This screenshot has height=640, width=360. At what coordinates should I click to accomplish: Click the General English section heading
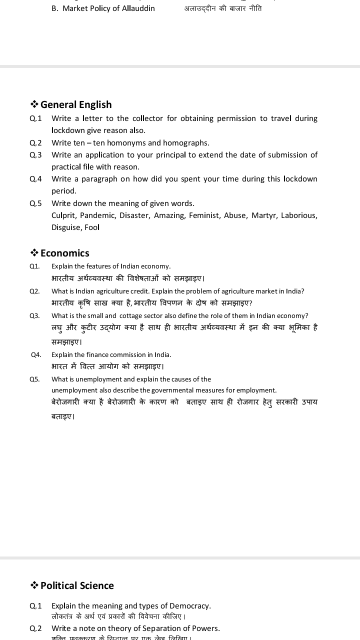point(76,104)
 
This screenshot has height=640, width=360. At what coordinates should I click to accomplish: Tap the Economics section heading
point(65,253)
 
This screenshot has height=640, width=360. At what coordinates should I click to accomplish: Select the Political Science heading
point(77,585)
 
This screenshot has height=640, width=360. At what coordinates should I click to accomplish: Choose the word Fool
point(92,227)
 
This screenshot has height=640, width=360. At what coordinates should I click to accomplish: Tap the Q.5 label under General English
point(35,203)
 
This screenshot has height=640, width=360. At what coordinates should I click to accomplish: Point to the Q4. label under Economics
point(36,354)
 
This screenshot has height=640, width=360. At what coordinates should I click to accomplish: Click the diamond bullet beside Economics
point(34,253)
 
